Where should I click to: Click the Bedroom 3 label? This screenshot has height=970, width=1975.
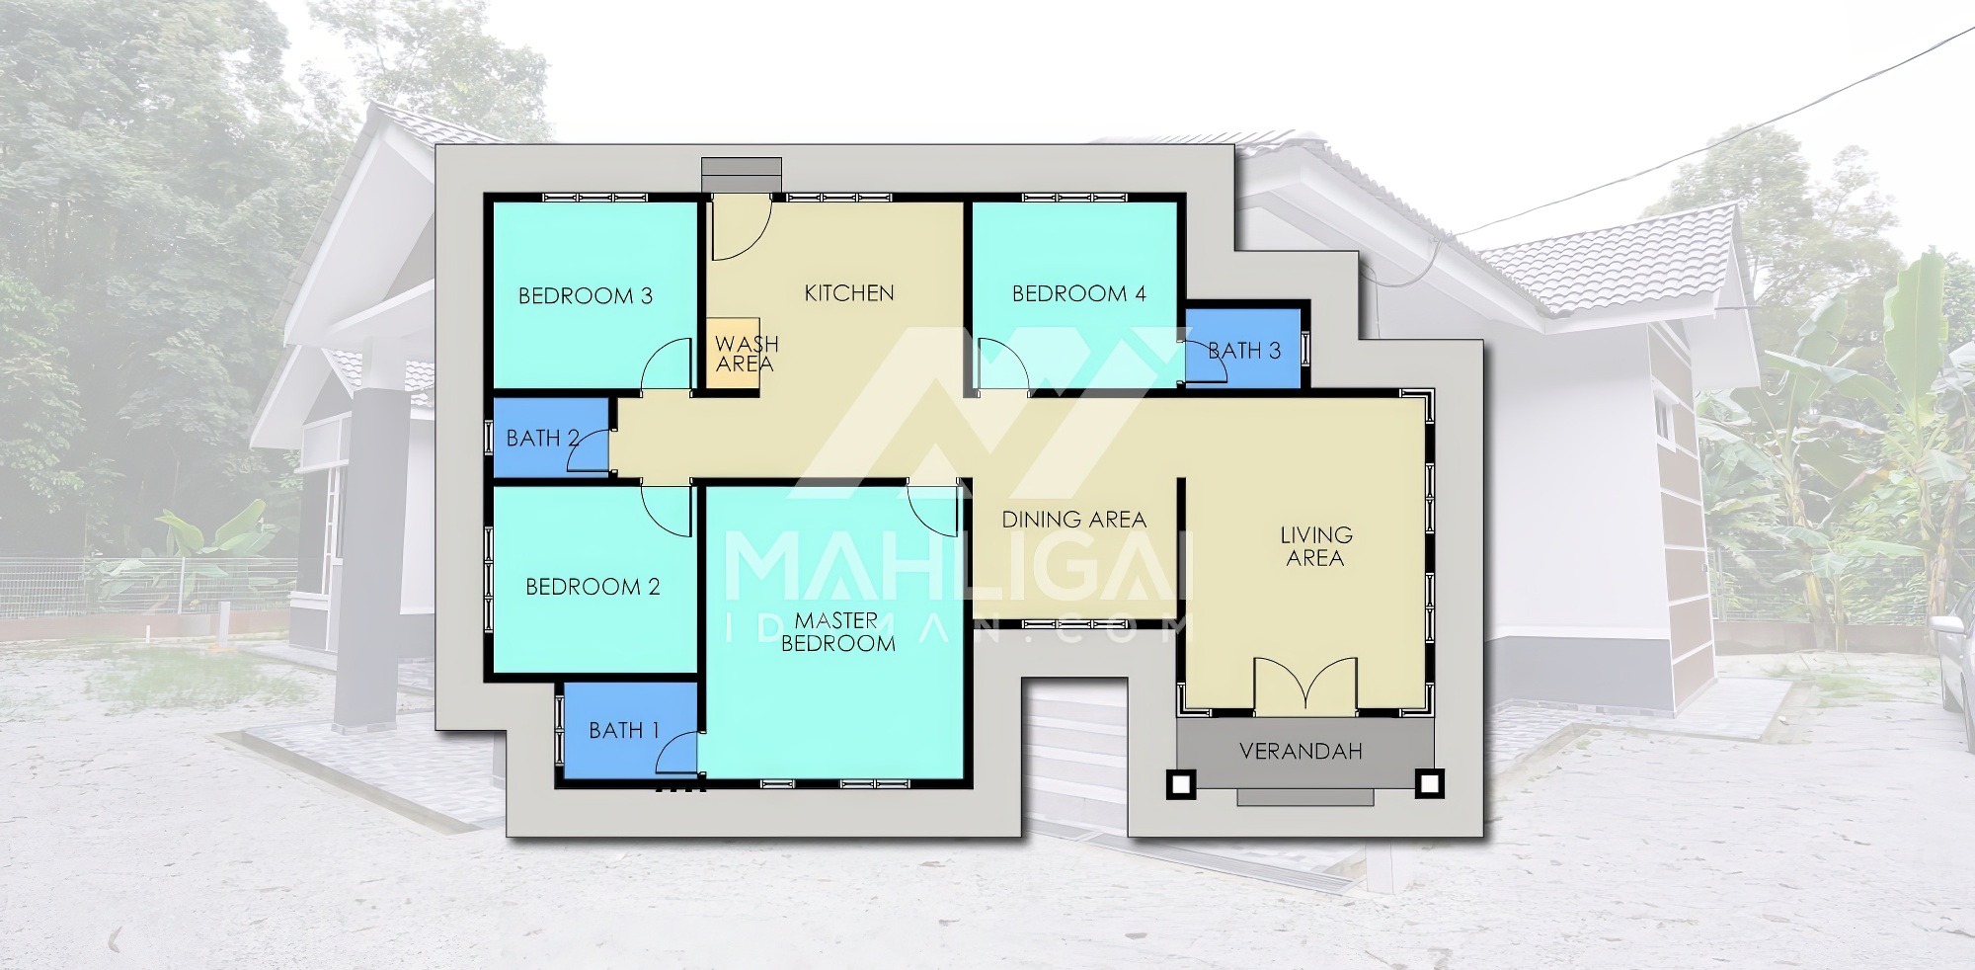(586, 295)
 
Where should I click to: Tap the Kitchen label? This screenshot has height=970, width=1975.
(849, 292)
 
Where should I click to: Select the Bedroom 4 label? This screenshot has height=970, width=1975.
(1078, 293)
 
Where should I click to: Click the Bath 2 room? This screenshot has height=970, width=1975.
(551, 438)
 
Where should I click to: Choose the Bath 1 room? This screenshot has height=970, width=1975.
(629, 730)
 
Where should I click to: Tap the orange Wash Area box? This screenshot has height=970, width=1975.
(733, 354)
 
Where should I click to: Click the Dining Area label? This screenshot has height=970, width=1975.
(1073, 519)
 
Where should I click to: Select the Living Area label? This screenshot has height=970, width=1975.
(1315, 546)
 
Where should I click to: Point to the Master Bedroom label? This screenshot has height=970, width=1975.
(837, 631)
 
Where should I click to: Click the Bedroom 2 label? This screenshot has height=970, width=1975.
(592, 587)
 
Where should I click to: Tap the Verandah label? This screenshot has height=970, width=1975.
(1301, 751)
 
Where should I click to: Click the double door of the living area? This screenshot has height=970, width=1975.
(1305, 685)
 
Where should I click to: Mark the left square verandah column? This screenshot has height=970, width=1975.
(1181, 783)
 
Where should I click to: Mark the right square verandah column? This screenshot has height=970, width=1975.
(1428, 783)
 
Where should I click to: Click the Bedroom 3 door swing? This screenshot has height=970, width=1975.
(666, 364)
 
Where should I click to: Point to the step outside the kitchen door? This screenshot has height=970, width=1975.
(741, 175)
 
